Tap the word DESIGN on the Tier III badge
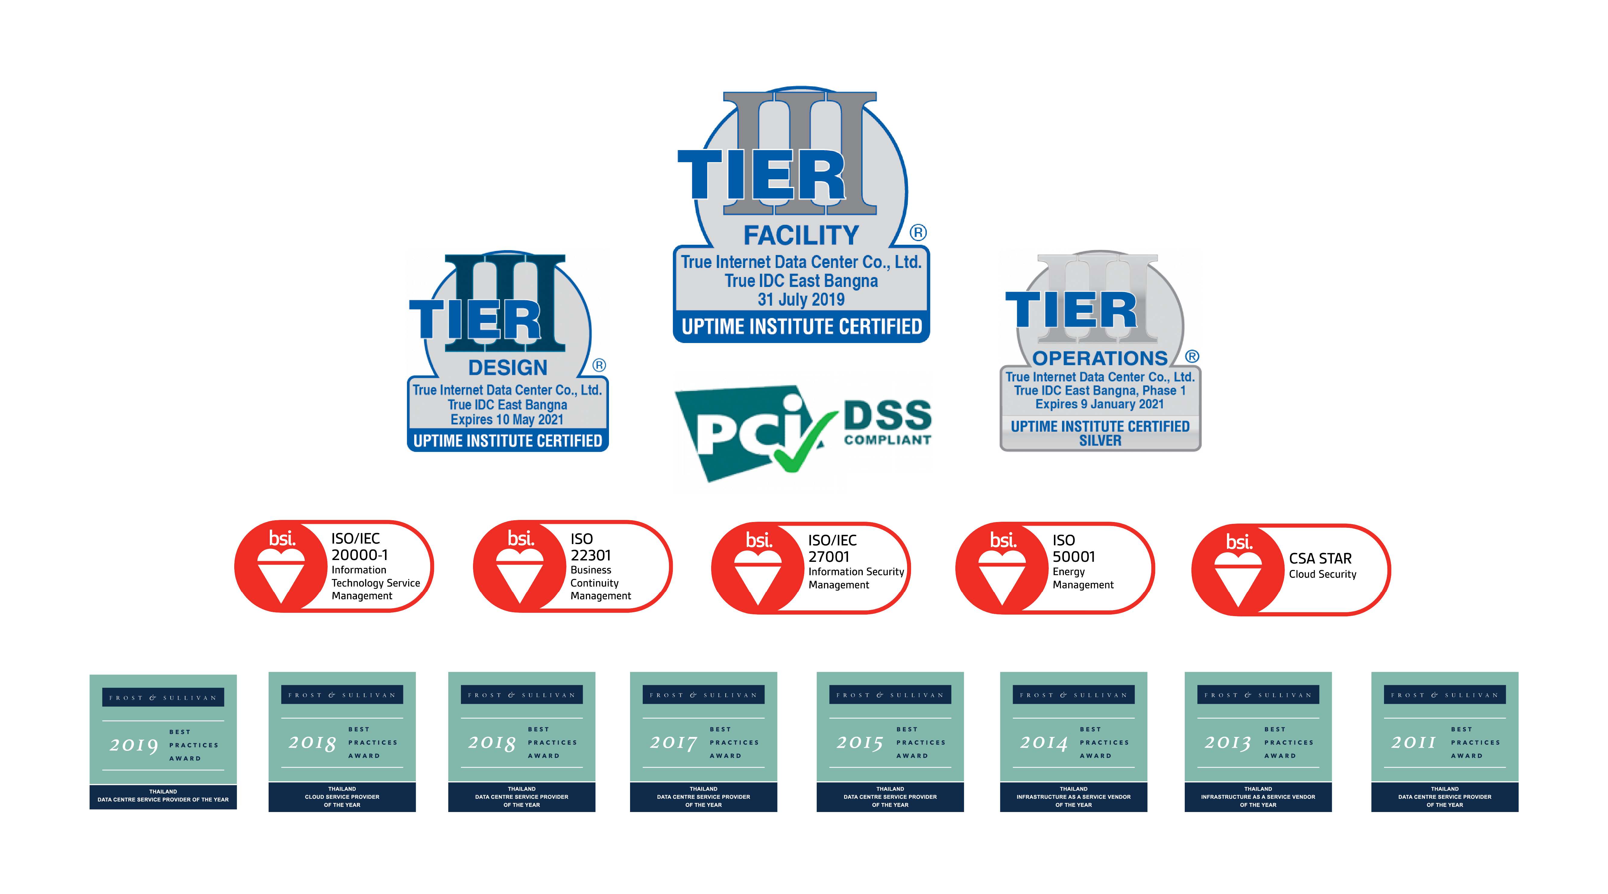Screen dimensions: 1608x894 tap(507, 367)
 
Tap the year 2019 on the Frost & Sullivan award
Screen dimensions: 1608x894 tap(134, 745)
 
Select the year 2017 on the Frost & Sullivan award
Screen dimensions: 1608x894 tap(673, 742)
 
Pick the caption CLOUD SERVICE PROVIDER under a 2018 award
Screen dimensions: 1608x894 tap(342, 797)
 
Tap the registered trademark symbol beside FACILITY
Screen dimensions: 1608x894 tap(918, 233)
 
